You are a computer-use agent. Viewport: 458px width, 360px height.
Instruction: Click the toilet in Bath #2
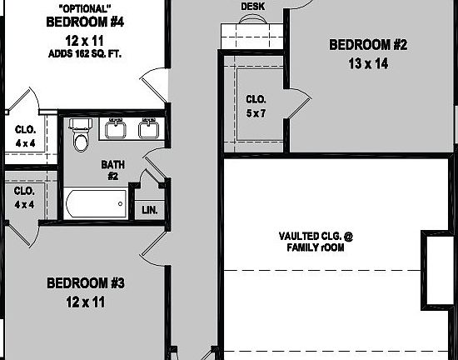(81, 137)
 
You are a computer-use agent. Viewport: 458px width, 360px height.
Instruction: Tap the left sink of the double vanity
(115, 130)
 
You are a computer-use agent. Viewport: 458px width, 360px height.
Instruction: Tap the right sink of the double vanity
(148, 130)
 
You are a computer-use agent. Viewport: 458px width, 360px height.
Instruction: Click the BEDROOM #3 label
(86, 284)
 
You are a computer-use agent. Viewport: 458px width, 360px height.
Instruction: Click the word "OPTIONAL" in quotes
(83, 7)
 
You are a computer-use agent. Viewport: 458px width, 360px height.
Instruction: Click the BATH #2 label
(112, 170)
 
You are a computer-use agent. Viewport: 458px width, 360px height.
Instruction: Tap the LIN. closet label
(150, 209)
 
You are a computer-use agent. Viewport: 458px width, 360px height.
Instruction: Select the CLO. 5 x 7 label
(255, 106)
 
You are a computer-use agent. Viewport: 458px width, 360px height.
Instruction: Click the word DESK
(253, 7)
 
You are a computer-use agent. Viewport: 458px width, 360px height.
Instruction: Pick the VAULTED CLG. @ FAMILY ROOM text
(316, 242)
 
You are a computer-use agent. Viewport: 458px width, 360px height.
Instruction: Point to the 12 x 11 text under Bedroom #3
(86, 302)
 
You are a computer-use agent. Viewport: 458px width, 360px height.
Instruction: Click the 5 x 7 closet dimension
(255, 112)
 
